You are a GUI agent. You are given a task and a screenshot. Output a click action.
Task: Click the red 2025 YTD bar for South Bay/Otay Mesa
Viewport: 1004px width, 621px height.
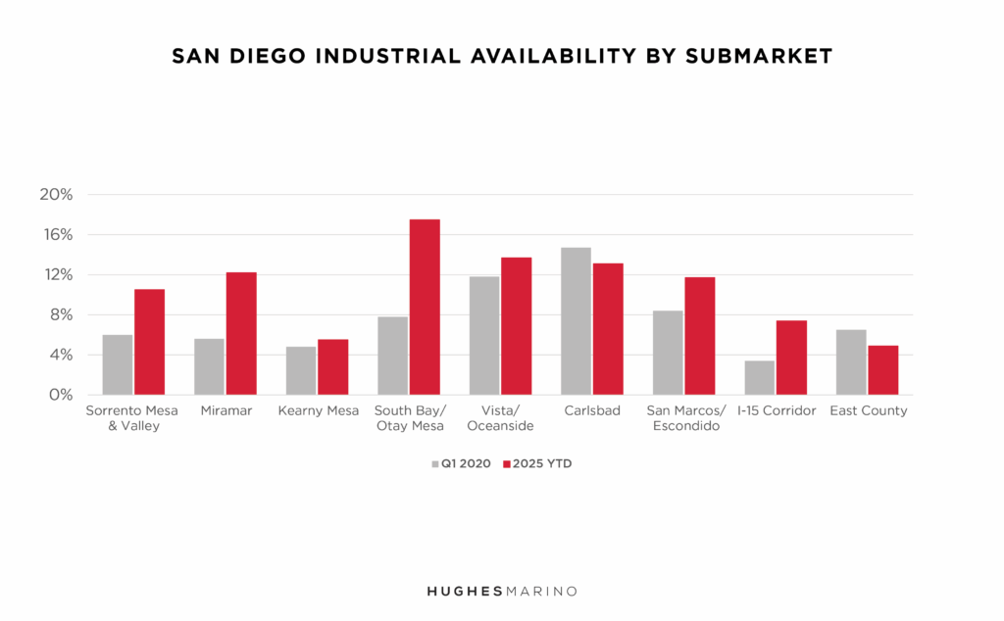click(425, 307)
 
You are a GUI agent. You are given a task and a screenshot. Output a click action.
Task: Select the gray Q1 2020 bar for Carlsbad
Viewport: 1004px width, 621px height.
click(576, 321)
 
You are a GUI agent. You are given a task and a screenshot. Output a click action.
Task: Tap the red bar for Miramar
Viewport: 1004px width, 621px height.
click(241, 333)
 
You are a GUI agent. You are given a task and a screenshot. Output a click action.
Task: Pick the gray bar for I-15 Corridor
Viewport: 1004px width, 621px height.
click(759, 377)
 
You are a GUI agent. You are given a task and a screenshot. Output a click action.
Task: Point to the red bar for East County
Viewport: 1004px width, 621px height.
click(882, 370)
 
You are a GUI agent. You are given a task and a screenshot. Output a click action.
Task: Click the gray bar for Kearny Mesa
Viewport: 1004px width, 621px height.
click(301, 370)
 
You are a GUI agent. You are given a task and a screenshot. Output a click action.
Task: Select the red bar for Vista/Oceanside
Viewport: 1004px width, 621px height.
click(516, 326)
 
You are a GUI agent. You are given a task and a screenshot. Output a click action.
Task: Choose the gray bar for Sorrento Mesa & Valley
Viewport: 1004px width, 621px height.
click(117, 364)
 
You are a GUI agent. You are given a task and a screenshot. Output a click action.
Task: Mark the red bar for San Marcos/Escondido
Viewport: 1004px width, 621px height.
click(699, 336)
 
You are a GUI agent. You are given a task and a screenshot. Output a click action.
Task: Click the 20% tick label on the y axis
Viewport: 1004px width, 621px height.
click(56, 194)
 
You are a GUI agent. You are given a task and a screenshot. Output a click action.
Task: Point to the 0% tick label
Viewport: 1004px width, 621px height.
click(60, 395)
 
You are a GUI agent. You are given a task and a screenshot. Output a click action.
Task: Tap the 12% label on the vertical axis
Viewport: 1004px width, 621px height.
click(56, 274)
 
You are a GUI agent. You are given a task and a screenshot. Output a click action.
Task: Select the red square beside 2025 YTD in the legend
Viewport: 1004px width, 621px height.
click(508, 463)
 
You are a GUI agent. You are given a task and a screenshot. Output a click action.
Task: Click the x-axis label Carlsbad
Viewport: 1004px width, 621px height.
click(591, 411)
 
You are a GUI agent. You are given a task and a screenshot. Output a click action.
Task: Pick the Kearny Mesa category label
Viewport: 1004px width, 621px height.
click(317, 411)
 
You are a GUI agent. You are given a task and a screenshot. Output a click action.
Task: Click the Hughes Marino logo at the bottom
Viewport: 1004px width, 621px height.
click(501, 591)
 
